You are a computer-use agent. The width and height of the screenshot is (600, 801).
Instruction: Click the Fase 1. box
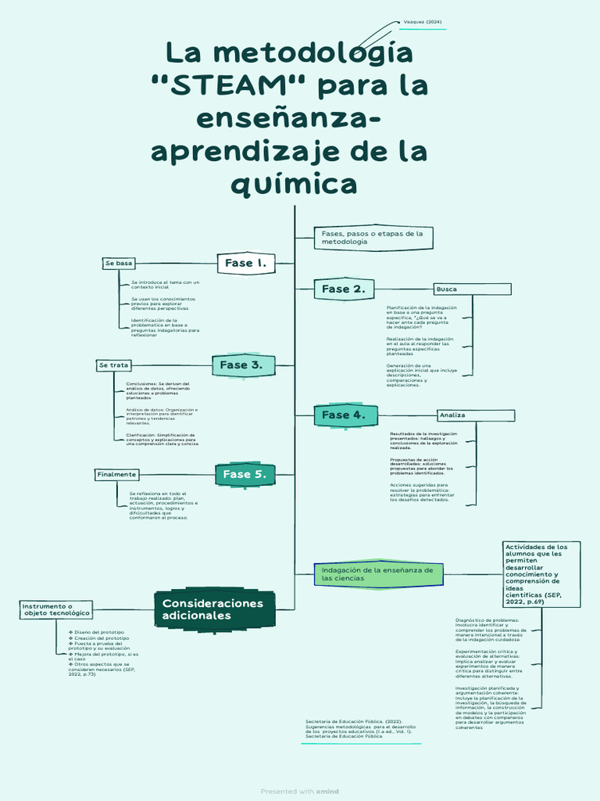(245, 264)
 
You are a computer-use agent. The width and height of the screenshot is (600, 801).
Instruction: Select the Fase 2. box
(343, 289)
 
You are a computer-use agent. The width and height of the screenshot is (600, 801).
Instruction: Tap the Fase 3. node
(243, 365)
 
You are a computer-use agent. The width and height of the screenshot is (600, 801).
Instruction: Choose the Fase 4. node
(343, 415)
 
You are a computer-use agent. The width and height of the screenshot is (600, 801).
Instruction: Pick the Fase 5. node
(245, 475)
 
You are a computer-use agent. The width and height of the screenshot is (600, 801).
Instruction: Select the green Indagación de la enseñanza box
(377, 574)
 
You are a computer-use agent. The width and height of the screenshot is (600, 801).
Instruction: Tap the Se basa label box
(120, 264)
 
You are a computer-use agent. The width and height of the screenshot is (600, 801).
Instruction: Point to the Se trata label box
(114, 365)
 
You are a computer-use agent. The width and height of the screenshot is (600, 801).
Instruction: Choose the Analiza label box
(475, 415)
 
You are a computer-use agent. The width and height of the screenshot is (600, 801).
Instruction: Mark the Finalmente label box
(116, 475)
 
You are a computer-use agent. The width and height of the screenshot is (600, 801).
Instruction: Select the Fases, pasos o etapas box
(373, 238)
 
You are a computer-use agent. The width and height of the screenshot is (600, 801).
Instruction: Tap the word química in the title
(295, 185)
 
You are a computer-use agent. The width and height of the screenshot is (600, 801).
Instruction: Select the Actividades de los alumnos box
(542, 574)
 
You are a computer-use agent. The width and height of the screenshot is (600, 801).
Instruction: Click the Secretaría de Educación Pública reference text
(360, 729)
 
